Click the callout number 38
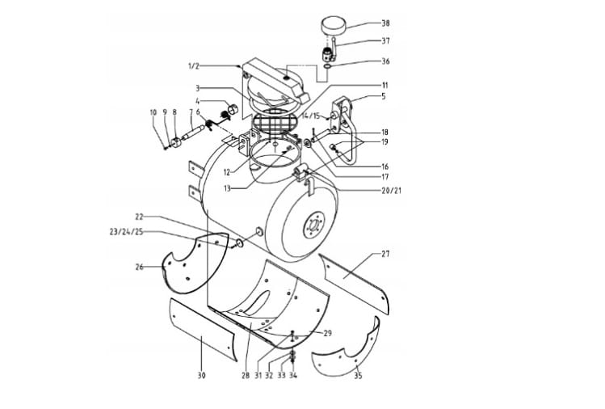[385, 23]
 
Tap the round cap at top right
[333, 25]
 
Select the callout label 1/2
[193, 66]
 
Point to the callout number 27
[385, 254]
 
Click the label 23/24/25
[126, 232]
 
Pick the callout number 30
[201, 375]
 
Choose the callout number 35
[358, 375]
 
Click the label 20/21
[391, 191]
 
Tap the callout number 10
[153, 112]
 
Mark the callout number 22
[139, 217]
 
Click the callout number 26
[139, 267]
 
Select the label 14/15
[311, 116]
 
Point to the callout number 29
[327, 333]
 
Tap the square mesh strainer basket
[274, 123]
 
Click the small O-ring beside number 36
[327, 66]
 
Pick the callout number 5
[384, 96]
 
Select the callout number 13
[227, 188]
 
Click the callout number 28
[246, 375]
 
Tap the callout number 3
[198, 88]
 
